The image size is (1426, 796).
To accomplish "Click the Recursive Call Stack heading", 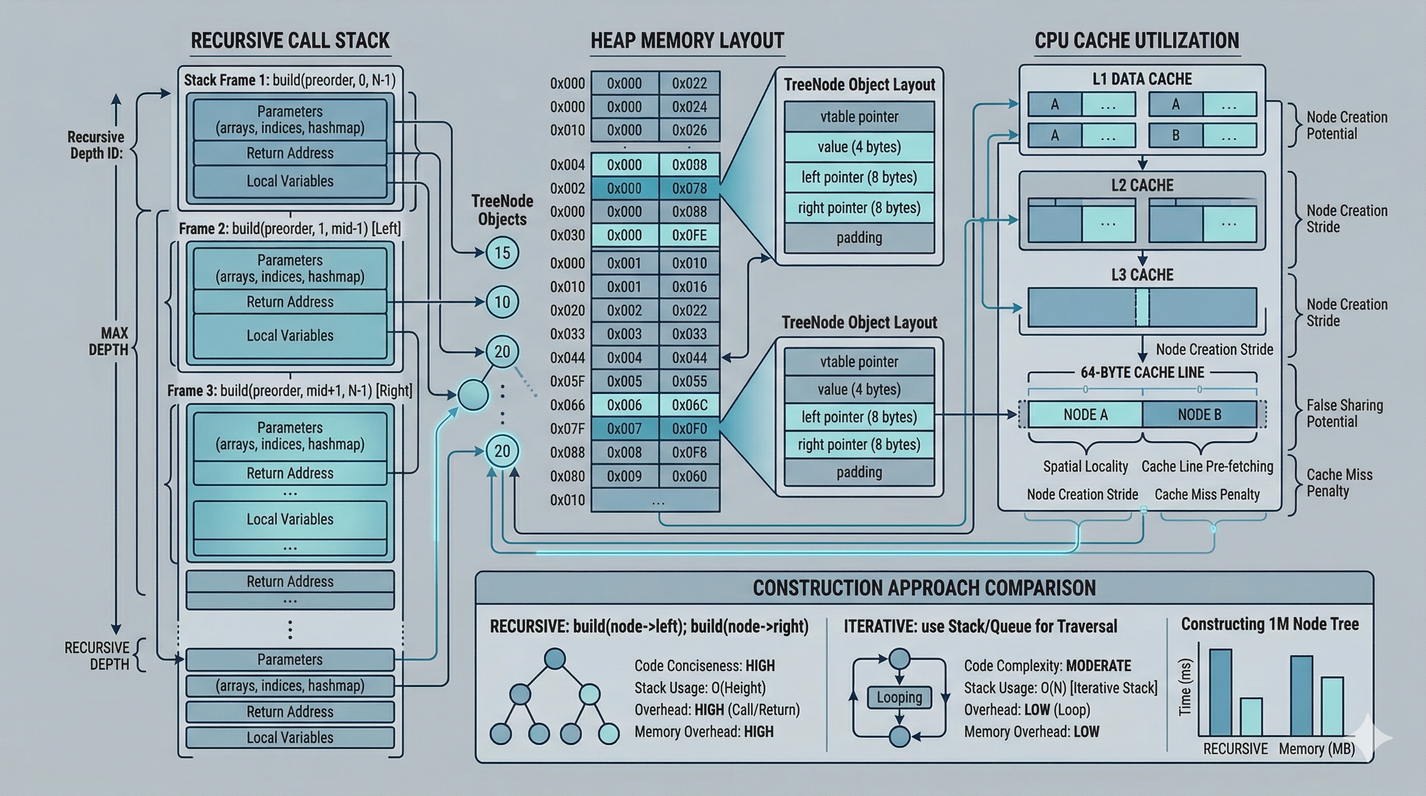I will coord(290,40).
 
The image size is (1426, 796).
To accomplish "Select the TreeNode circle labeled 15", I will coord(502,253).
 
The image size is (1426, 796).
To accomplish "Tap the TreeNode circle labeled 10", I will coord(502,302).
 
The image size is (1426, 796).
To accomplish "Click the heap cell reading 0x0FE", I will coord(689,235).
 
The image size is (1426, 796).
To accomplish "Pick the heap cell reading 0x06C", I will coord(689,405).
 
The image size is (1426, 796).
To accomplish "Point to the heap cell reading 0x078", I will coord(689,188).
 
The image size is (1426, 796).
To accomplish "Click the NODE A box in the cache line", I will coord(1085,415).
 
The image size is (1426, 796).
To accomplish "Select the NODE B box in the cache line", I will coord(1199,415).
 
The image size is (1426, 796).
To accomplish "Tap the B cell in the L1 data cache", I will coord(1175,135).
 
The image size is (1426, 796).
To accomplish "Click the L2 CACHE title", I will coord(1142,185).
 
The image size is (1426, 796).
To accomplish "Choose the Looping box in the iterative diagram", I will coord(899,698).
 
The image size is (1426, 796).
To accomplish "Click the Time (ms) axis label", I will coord(1185,687).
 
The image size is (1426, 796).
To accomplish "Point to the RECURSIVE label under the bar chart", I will coord(1235,748).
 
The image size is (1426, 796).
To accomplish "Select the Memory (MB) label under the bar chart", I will coord(1316,748).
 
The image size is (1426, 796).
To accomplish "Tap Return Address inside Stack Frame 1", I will coord(290,153).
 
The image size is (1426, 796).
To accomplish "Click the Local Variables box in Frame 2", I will coord(290,335).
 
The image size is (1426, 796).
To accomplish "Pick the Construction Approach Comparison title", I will coord(924,588).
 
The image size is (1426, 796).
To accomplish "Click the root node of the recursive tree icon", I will coord(554,659).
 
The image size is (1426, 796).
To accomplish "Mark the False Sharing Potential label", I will coord(1344,413).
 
